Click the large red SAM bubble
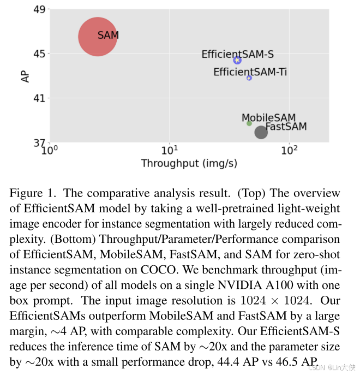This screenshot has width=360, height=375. (98, 37)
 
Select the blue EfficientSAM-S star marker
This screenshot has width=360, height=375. (237, 60)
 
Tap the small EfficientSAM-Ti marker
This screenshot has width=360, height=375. (249, 78)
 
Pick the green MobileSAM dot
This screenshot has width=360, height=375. (249, 123)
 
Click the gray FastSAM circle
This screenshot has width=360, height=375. (261, 132)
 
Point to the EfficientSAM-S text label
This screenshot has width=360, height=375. (237, 54)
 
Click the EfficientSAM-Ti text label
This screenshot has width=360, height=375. (250, 72)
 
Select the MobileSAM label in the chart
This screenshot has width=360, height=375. (268, 118)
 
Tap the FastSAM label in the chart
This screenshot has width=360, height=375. (286, 127)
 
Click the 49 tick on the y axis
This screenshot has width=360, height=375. (39, 9)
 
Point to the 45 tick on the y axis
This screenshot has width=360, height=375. (39, 53)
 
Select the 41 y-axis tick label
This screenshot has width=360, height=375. (39, 99)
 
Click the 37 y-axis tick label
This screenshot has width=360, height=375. (39, 144)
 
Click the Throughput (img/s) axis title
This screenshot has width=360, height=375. (189, 163)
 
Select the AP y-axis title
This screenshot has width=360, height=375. (25, 76)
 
